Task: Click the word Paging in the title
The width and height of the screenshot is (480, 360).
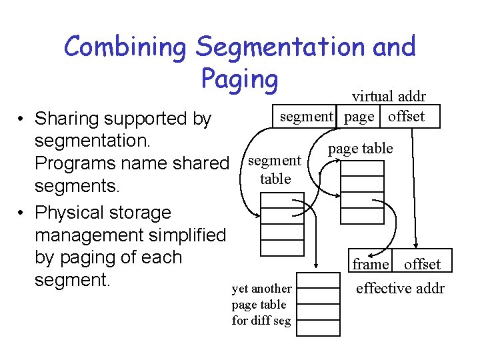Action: point(239,79)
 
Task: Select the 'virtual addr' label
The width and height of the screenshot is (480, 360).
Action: point(389,96)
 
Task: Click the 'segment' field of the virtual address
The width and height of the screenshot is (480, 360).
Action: point(305,117)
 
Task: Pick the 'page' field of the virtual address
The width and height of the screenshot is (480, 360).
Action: point(359,117)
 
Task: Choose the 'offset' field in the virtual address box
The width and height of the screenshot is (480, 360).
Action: point(406,117)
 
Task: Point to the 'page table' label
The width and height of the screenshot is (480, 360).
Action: point(361,148)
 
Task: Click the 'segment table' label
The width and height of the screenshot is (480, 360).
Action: point(275,169)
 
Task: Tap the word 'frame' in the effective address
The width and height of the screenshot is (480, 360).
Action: point(371,264)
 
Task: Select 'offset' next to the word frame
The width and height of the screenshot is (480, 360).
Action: point(422,264)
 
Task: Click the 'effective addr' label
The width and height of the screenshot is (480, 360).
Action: point(400,288)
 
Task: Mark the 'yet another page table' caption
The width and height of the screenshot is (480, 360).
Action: point(261,304)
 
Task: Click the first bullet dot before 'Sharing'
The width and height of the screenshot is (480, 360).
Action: point(22,119)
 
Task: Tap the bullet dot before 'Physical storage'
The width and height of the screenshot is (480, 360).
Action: point(22,213)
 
